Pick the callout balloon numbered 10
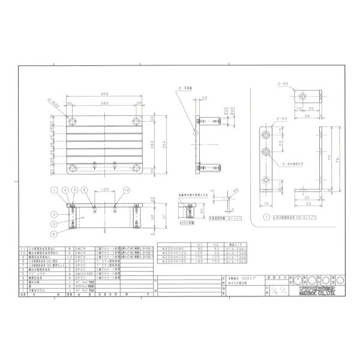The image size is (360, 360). pyautogui.click(x=126, y=190)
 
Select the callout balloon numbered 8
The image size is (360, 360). pyautogui.click(x=85, y=190)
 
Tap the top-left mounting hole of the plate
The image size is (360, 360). pyautogui.click(x=73, y=121)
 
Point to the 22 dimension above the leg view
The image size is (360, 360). pyautogui.click(x=205, y=97)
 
